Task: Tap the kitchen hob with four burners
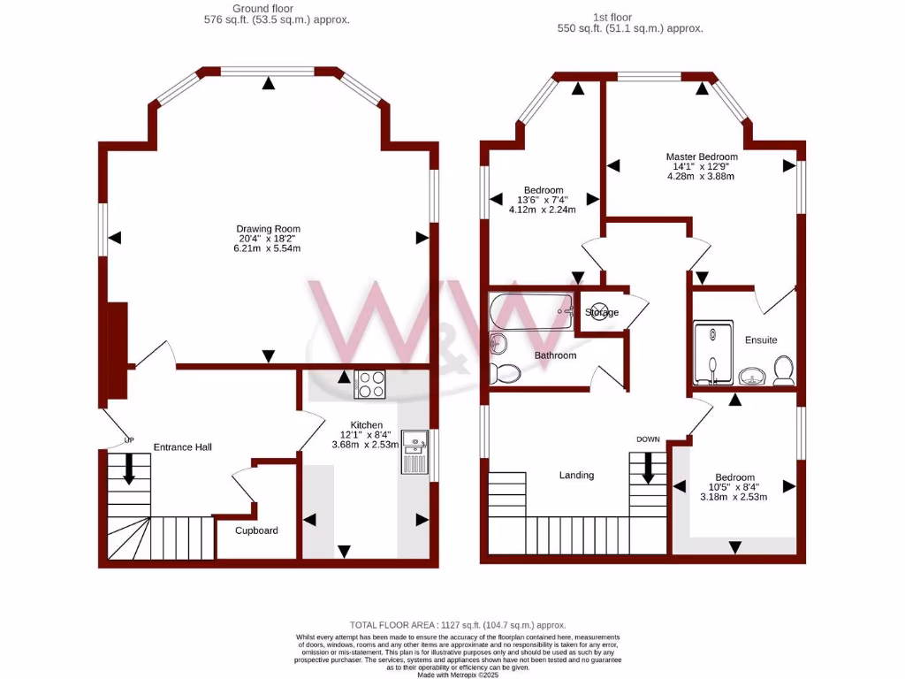point(370,385)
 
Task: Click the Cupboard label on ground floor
point(256,530)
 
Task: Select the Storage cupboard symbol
point(598,312)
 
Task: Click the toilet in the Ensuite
point(782,371)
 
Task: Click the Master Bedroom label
point(701,156)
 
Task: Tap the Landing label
point(576,475)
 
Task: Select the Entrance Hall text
point(182,447)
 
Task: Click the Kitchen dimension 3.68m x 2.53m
point(366,445)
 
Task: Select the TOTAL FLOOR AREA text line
point(457,625)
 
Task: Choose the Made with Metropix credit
point(457,675)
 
